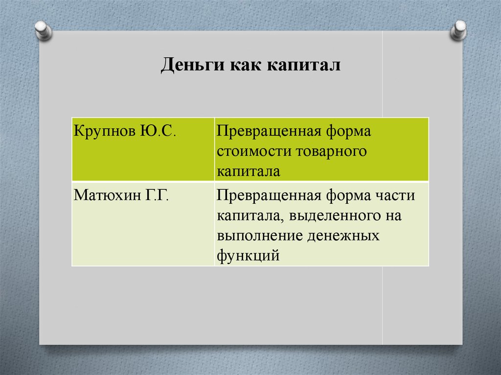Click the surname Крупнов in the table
[104, 132]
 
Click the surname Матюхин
[107, 196]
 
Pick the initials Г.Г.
[157, 196]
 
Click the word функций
[249, 255]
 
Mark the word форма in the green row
[350, 132]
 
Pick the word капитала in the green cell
[249, 171]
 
